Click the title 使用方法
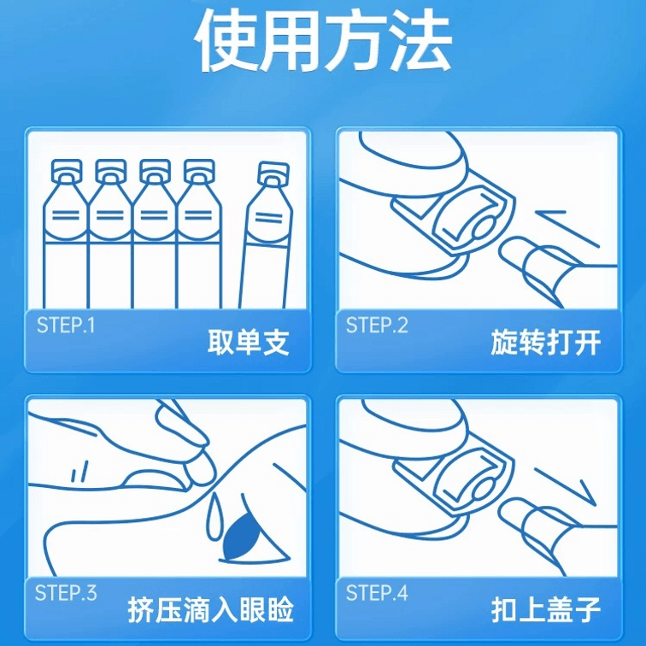pos(323,40)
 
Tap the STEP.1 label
pos(66,326)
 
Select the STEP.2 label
pos(377,326)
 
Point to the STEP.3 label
pos(66,593)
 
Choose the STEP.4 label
pos(377,593)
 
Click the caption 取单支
pos(248,343)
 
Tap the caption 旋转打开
pos(545,343)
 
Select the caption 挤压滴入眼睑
pos(210,610)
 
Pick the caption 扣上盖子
pos(545,610)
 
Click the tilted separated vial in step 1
pos(266,235)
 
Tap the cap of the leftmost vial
pos(67,171)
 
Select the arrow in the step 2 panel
pos(567,229)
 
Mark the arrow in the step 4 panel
pos(566,487)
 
